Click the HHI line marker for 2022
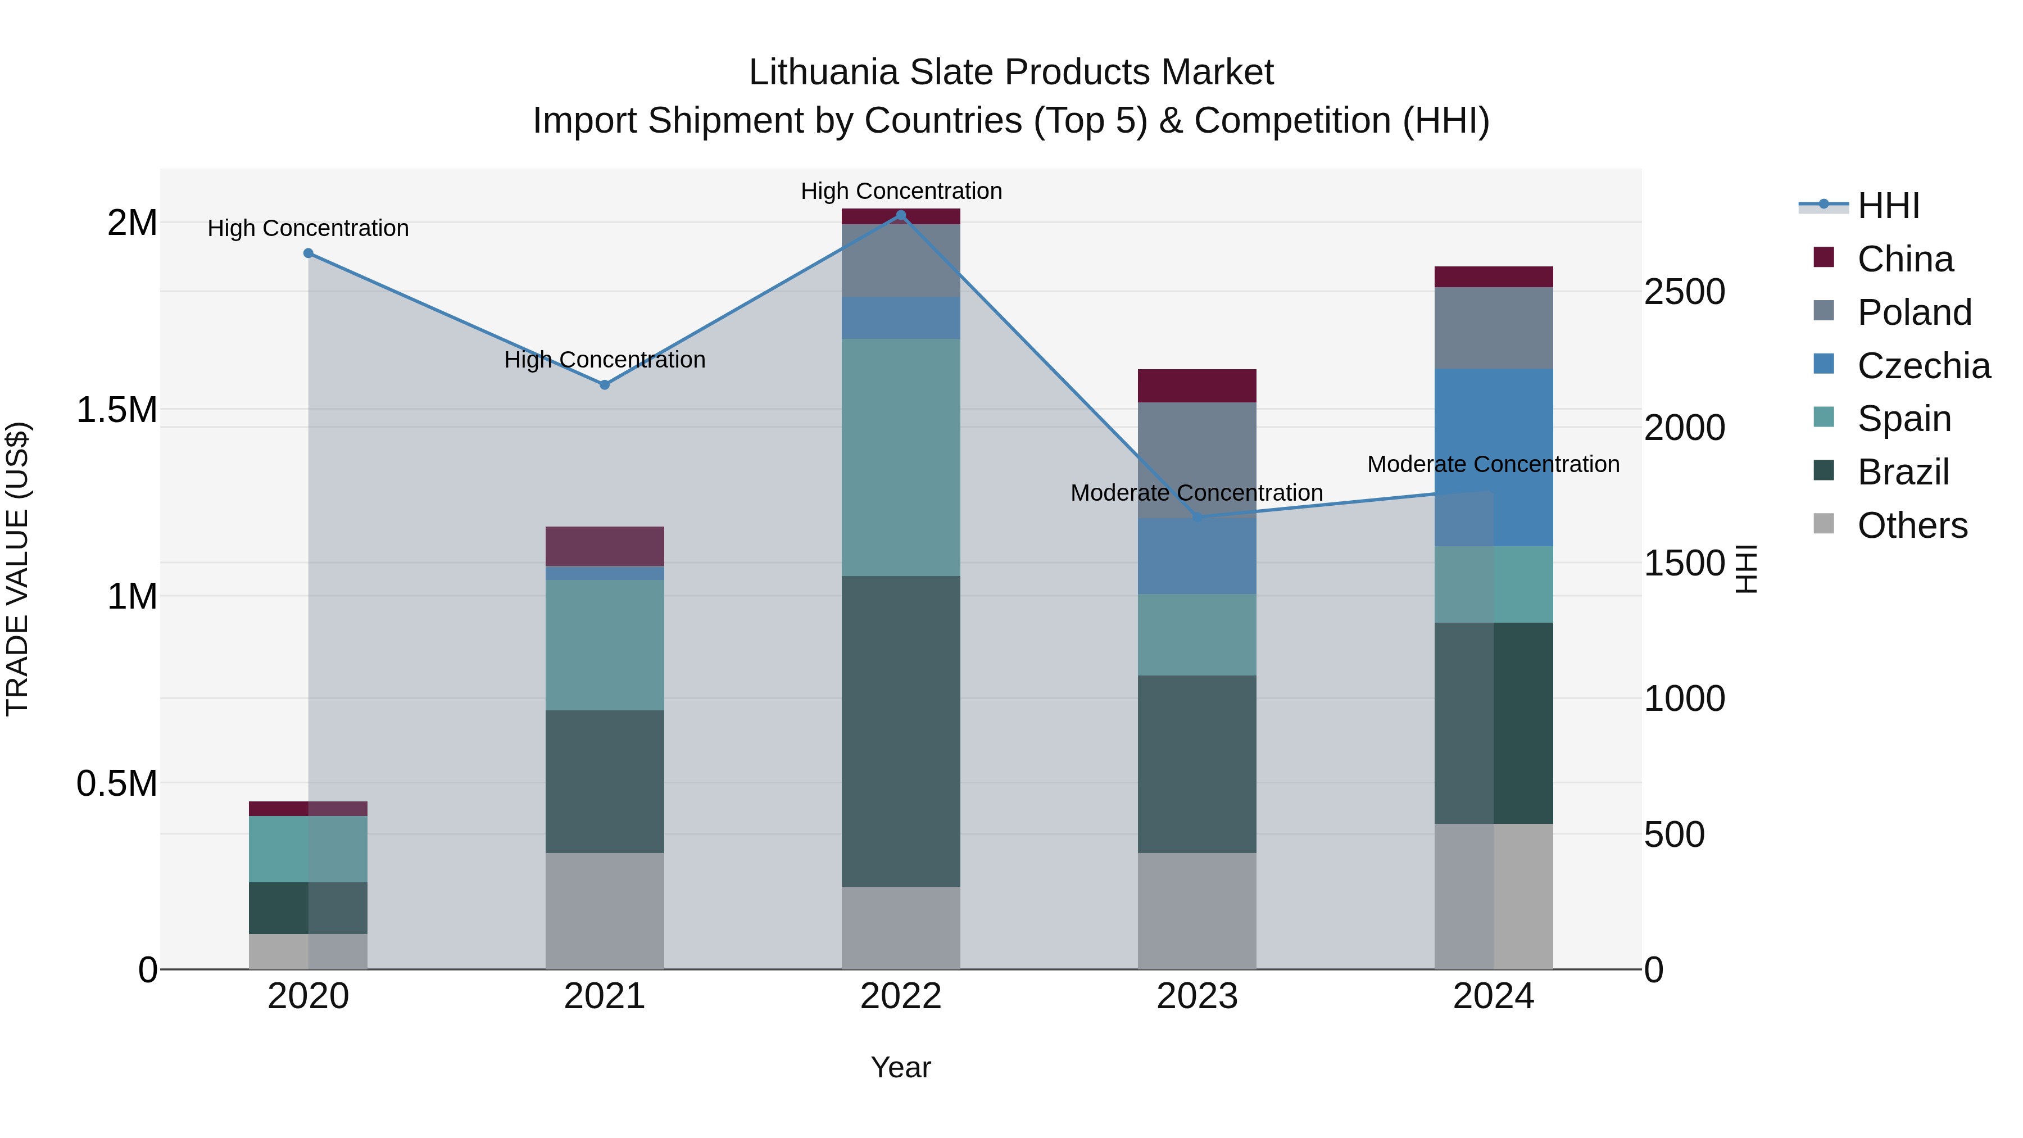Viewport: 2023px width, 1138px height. pos(901,215)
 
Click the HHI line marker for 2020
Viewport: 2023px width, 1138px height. pos(309,253)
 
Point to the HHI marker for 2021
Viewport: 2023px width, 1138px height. pos(605,385)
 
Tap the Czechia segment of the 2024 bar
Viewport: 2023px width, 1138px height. pos(1494,457)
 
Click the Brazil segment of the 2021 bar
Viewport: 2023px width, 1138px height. pos(605,782)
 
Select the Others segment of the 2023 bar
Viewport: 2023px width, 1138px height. pos(1197,911)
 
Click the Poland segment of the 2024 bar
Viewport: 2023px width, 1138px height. pos(1494,328)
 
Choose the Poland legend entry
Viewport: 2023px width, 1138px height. pos(1914,312)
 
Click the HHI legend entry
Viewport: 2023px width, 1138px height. pos(1888,206)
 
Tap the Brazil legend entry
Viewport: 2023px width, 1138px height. pos(1903,472)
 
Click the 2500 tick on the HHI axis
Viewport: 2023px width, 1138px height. pos(1685,292)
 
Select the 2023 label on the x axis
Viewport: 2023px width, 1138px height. pos(1197,996)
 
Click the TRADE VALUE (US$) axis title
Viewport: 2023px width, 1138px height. pos(17,569)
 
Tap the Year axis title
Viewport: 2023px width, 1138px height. pos(901,1067)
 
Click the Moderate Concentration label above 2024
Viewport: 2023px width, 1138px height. pos(1493,464)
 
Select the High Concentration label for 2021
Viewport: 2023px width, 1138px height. pos(605,360)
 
